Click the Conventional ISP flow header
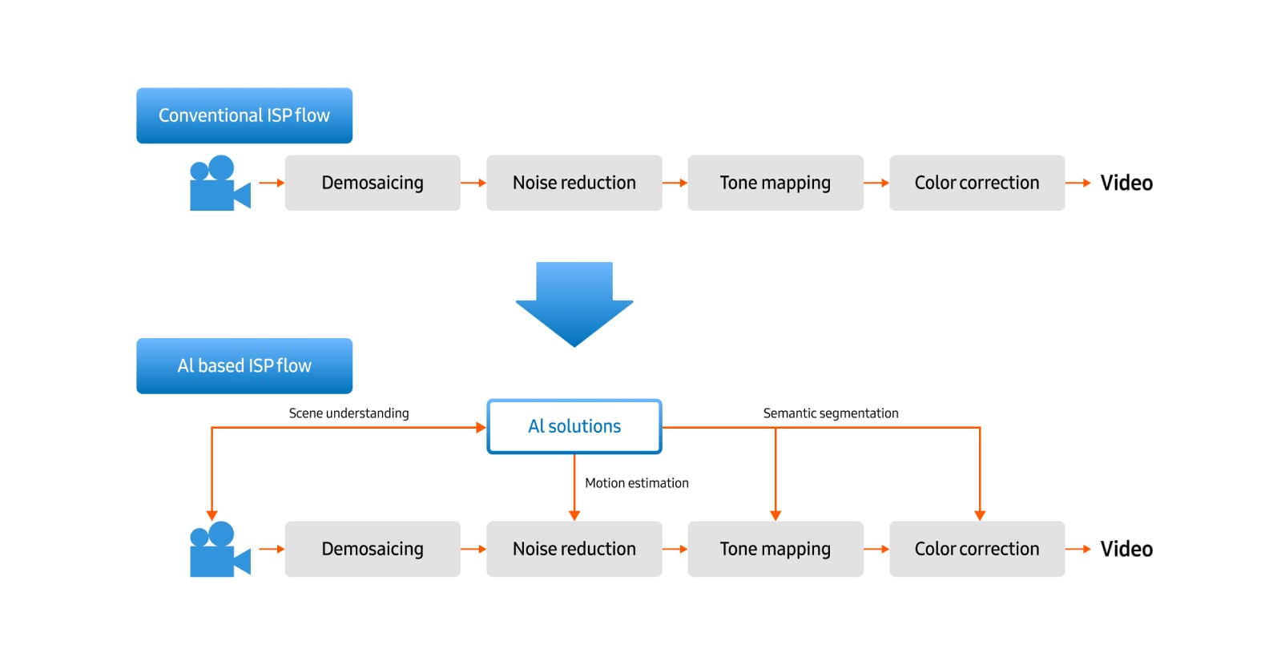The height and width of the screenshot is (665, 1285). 244,115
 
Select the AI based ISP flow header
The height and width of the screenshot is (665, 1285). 244,365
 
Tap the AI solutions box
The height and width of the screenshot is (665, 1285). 574,426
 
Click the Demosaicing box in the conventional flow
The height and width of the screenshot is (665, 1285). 373,183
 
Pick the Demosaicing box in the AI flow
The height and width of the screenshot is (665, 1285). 373,549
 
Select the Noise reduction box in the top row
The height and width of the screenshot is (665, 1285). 574,183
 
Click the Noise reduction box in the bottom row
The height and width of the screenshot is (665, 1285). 574,549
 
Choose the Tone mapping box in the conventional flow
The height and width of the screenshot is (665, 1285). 775,183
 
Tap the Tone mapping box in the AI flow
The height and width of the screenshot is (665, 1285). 775,549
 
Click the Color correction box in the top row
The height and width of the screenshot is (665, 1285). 977,183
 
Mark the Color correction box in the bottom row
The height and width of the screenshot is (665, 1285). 977,549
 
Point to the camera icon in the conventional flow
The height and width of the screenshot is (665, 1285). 218,184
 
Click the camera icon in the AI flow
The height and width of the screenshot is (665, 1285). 218,550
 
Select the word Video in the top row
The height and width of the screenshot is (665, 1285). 1126,183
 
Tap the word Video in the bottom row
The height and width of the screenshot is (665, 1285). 1126,549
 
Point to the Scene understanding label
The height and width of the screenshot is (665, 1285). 348,413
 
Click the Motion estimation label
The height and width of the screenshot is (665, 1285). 637,483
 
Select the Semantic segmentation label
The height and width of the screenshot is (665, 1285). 831,413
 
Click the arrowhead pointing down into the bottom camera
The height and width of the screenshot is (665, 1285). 211,515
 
